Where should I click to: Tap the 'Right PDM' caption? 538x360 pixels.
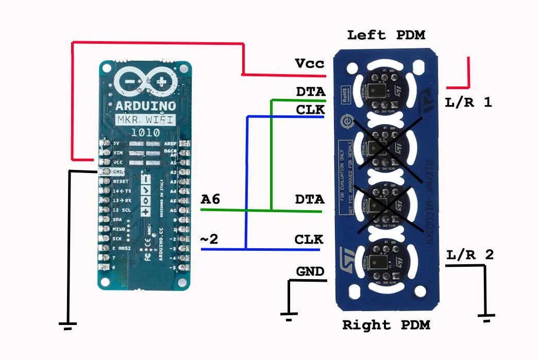point(386,325)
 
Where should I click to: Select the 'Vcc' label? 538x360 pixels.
point(310,63)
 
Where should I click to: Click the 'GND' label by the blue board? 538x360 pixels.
point(310,271)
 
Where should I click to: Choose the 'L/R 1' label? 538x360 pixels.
point(468,102)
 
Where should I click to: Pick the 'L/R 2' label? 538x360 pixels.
point(470,254)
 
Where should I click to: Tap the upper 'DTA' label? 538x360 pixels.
point(311,92)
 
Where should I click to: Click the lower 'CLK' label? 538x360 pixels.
point(309,239)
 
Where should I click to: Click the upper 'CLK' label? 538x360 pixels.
point(311,110)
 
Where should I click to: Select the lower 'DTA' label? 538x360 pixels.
point(310,199)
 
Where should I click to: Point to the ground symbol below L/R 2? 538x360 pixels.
point(486,316)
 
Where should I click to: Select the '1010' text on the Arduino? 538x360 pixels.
point(145,131)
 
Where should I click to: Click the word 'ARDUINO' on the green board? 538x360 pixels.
point(145,107)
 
